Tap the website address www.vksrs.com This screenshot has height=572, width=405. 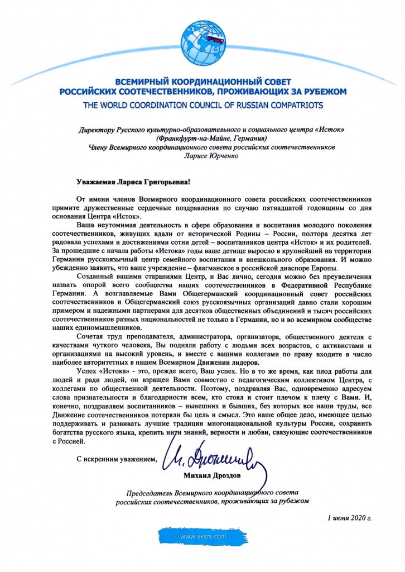click(x=202, y=536)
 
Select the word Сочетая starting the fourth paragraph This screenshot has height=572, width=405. click(x=91, y=337)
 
